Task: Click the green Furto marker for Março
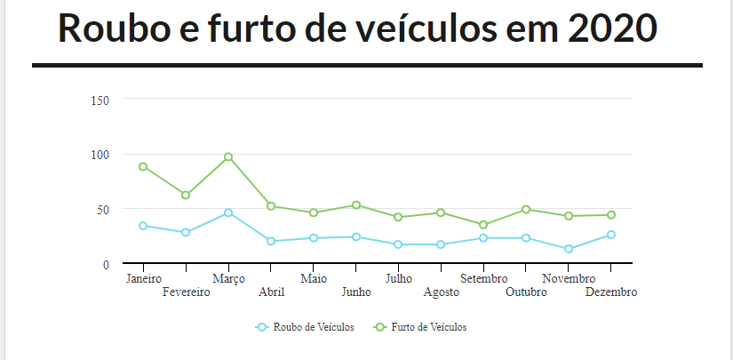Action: pyautogui.click(x=228, y=157)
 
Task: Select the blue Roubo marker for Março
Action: pyautogui.click(x=228, y=213)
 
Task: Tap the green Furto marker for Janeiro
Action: pyautogui.click(x=143, y=167)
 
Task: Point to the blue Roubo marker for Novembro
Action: pyautogui.click(x=569, y=249)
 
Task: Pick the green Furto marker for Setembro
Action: pyautogui.click(x=483, y=225)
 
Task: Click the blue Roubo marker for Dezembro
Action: pyautogui.click(x=611, y=235)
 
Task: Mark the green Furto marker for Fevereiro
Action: pyautogui.click(x=186, y=196)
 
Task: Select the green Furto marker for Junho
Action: pyautogui.click(x=356, y=205)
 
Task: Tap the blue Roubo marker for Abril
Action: pyautogui.click(x=271, y=241)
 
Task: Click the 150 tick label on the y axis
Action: pyautogui.click(x=100, y=100)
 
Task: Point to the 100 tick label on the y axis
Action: pyautogui.click(x=100, y=155)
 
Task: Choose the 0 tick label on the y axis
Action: pyautogui.click(x=105, y=265)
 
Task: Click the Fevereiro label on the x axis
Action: pyautogui.click(x=187, y=292)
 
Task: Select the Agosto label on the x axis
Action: pyautogui.click(x=442, y=292)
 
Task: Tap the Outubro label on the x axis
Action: pyautogui.click(x=527, y=292)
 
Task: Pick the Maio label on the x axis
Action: pyautogui.click(x=314, y=279)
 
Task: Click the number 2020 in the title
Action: pyautogui.click(x=611, y=28)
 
